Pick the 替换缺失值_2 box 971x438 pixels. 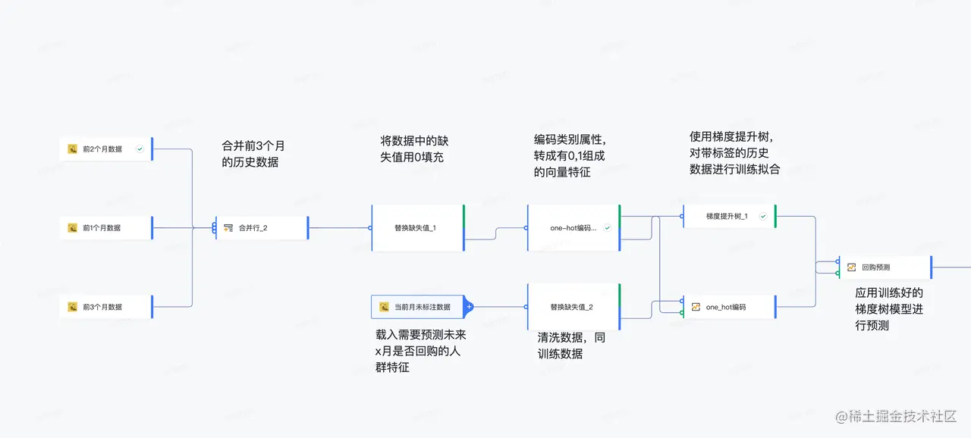[x=573, y=307]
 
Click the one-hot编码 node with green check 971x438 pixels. [x=573, y=227]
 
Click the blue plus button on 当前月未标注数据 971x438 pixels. [x=469, y=307]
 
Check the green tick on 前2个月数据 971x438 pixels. [x=140, y=149]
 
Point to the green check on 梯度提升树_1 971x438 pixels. [x=763, y=216]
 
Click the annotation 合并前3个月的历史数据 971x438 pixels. [x=253, y=154]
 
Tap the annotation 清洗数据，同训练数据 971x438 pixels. [x=572, y=346]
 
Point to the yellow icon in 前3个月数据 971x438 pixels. [x=73, y=307]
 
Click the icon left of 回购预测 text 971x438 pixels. [x=852, y=267]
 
